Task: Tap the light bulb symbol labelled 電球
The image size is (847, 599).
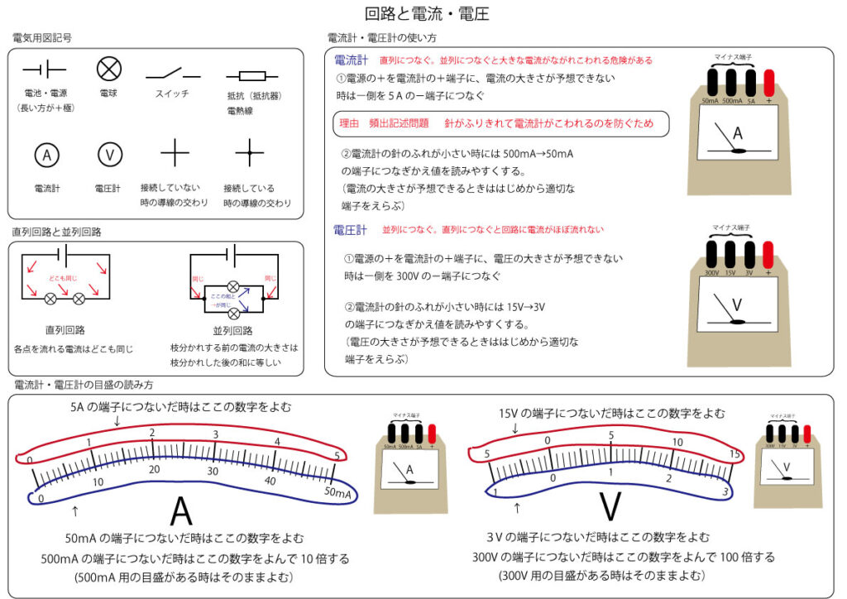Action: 109,69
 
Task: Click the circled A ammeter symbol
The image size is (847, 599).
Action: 46,154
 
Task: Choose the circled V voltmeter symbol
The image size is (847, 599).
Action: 109,154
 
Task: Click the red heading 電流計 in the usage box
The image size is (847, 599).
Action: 351,60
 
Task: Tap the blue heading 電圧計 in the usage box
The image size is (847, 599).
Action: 351,228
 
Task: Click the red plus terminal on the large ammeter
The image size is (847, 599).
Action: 768,84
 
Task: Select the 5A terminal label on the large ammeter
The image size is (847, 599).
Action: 749,101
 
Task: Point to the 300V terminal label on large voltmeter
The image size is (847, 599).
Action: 711,271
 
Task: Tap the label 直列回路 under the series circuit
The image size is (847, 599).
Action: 65,329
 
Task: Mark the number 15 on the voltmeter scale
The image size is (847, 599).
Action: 733,455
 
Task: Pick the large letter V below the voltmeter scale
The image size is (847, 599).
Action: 610,507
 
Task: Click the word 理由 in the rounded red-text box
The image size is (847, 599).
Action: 350,123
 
